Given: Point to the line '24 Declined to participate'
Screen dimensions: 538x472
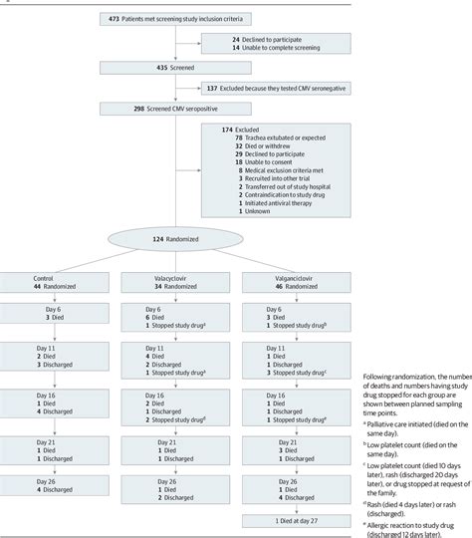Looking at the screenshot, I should (x=261, y=37).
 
